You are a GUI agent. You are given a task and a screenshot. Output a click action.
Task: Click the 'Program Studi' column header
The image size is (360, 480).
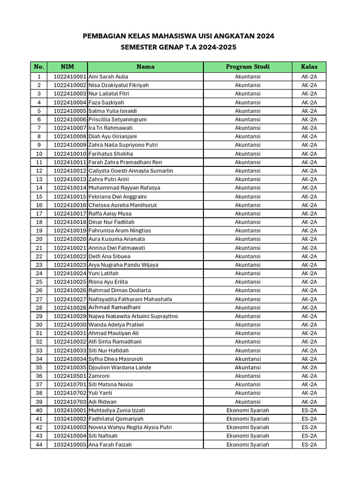click(247, 67)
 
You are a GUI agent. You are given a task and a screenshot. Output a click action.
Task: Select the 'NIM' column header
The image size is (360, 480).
click(67, 67)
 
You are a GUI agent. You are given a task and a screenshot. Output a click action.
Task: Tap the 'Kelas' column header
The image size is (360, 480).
click(309, 67)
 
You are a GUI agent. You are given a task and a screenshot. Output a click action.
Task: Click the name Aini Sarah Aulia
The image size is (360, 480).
click(108, 76)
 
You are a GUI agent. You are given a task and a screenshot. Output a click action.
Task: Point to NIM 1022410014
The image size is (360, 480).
click(70, 187)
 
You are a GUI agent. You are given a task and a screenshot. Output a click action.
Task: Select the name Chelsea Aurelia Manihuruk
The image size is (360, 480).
click(123, 205)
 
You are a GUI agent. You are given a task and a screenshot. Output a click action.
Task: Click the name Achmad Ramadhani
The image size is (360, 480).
click(114, 307)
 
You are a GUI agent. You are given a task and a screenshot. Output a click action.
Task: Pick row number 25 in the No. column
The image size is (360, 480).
click(39, 282)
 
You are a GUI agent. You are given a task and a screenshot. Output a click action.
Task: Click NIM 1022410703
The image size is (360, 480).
click(70, 402)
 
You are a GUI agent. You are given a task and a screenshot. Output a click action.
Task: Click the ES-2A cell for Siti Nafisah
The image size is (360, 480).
click(309, 436)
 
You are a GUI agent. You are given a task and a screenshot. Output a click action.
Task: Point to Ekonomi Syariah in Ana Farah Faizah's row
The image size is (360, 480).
click(247, 444)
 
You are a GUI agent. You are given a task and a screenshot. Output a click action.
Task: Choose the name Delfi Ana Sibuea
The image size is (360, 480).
click(110, 256)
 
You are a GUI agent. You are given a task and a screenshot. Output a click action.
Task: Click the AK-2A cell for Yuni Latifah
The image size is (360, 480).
click(309, 273)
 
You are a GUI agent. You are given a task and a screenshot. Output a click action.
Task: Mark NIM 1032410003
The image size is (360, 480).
click(70, 427)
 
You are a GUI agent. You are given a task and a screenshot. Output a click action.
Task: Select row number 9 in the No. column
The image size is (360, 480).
click(39, 145)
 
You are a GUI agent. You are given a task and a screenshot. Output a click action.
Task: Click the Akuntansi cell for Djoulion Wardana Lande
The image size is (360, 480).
click(247, 367)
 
